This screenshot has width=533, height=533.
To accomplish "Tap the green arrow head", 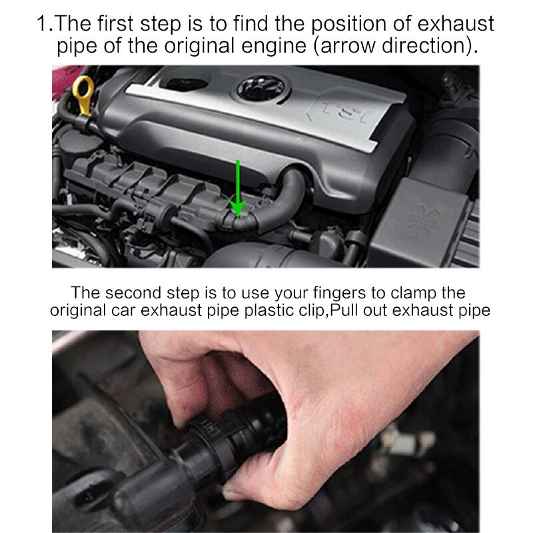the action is click(x=238, y=208).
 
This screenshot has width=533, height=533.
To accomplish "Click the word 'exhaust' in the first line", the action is click(x=456, y=24).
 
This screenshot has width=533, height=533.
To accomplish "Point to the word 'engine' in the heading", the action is click(x=274, y=47).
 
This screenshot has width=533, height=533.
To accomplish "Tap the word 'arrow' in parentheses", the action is click(x=347, y=47).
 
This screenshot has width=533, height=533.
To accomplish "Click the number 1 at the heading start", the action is click(x=43, y=24).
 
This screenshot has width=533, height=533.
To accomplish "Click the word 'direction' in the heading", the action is click(x=422, y=46).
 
